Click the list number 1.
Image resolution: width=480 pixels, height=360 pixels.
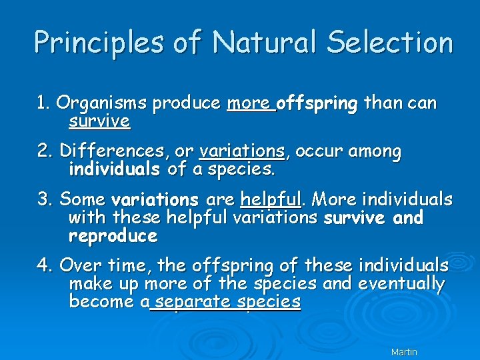pos(43,103)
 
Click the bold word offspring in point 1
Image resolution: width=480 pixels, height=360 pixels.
pos(317,104)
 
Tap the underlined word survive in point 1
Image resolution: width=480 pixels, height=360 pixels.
pos(99,121)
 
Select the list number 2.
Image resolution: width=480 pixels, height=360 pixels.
pos(44,151)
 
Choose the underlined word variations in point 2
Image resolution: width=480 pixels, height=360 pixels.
pos(242,151)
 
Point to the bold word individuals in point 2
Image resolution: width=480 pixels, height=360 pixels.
pos(114,169)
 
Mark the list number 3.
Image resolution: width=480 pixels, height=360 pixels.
pos(44,199)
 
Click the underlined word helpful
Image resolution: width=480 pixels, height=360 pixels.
pos(271,199)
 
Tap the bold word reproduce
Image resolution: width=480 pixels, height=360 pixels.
pos(113,236)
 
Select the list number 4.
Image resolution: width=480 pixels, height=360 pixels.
pos(45,265)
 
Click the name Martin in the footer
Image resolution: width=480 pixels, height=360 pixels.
pos(404,352)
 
